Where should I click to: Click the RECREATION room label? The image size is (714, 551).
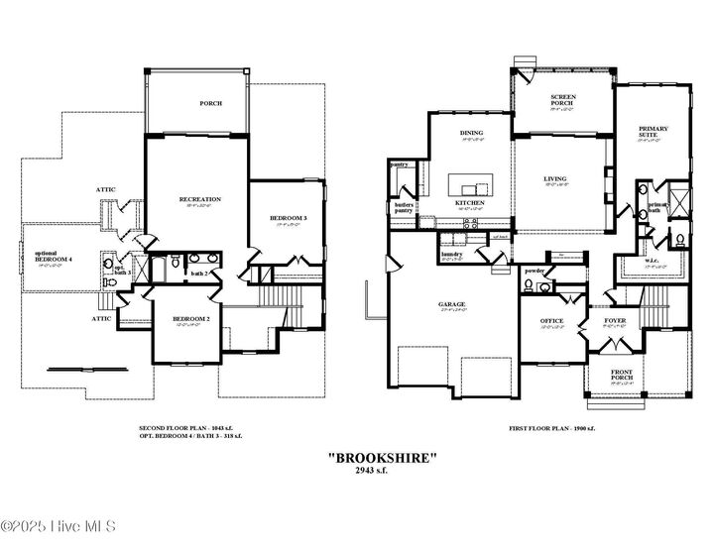[x=199, y=199]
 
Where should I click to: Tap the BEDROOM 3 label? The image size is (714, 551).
[x=289, y=218]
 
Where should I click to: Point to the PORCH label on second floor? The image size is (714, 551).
[x=210, y=103]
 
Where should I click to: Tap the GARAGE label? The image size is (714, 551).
[x=451, y=304]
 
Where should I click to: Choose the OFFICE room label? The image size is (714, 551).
[x=551, y=321]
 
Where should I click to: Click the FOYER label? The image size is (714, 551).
[x=615, y=321]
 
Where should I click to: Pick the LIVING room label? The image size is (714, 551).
[x=554, y=179]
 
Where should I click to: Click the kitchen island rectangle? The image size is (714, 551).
[x=470, y=184]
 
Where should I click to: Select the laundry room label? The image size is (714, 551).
[x=452, y=254]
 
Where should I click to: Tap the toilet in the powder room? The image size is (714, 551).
[x=529, y=286]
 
